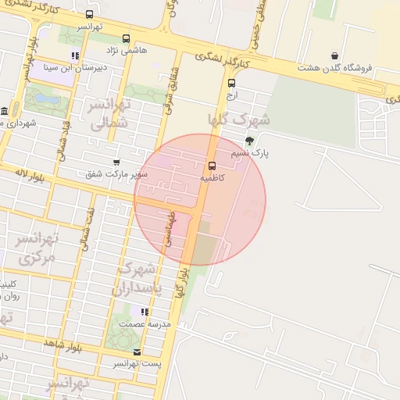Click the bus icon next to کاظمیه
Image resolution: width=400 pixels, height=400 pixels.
(x=212, y=165)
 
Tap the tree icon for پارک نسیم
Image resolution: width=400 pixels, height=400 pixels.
(x=249, y=141)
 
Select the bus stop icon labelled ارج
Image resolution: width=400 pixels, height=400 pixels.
(x=231, y=83)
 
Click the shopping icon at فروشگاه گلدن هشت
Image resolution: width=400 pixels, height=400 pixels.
(x=334, y=55)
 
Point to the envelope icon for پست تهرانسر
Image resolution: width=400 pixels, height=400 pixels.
(x=137, y=352)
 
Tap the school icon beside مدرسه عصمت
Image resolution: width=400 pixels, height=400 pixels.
(x=145, y=312)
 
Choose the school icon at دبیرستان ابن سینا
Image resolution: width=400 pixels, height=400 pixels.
(x=75, y=55)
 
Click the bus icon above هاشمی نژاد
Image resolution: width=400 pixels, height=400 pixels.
(x=127, y=38)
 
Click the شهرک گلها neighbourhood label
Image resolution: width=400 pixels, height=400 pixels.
(x=238, y=120)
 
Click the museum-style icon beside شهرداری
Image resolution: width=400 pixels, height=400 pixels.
(x=5, y=111)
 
